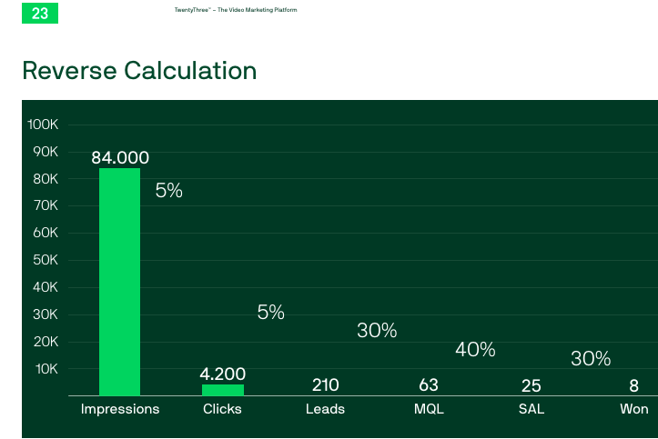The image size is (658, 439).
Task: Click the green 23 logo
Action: pos(40,13)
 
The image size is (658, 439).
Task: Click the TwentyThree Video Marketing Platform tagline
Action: pos(236,10)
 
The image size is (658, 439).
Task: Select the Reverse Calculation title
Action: pos(139,70)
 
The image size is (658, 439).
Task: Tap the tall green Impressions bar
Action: pos(119,282)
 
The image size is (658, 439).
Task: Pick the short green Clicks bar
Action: pos(223,390)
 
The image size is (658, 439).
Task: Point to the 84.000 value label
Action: pos(120,158)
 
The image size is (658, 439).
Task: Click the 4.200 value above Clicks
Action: pos(222,374)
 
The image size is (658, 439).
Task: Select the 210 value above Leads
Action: pos(325,385)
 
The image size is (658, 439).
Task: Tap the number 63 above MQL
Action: pos(429,385)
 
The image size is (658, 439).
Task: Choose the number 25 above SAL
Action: pos(531,385)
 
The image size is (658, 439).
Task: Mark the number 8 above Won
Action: pos(633,385)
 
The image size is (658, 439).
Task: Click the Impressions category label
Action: pos(120,409)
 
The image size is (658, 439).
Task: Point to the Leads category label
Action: pos(325,409)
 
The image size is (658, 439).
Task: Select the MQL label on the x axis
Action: pos(429,409)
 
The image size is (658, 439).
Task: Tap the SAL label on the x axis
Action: pos(531,409)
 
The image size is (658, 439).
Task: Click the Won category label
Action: pos(634,409)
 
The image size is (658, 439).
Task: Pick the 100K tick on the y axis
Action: pos(43,125)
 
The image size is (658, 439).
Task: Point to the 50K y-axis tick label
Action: pos(46,260)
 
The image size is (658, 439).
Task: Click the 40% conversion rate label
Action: pos(475,349)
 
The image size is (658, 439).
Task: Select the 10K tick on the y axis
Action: pos(46,369)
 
